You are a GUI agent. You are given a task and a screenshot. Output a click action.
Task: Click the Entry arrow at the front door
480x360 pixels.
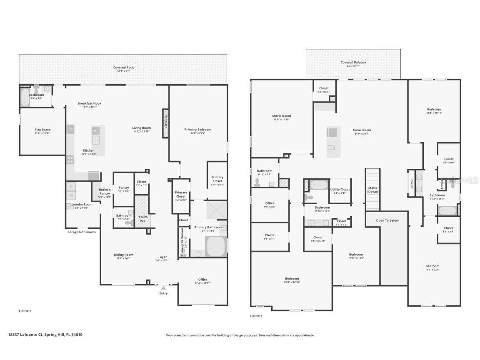coord(163,287)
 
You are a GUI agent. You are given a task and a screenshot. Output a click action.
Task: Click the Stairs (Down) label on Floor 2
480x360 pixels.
coord(372,190)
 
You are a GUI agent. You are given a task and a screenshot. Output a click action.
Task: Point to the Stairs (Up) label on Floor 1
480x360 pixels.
coord(143,218)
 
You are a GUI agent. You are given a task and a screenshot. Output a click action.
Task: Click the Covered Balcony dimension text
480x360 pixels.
coord(353,66)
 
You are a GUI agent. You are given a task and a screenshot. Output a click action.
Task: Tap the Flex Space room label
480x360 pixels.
coord(42,130)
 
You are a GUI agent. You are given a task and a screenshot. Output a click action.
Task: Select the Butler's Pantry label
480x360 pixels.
coord(105,191)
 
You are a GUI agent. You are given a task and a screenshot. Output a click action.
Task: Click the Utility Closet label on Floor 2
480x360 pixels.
coord(340,190)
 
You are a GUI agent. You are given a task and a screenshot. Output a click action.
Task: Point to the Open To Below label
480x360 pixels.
coord(387,220)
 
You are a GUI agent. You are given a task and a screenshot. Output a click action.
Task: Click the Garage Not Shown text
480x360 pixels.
coord(81,232)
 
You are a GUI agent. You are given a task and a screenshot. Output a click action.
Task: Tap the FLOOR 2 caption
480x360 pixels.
coord(256,316)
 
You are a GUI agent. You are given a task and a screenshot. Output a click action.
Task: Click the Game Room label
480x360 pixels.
coord(362,130)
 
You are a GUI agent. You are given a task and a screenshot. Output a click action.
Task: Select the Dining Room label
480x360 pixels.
coord(123,255)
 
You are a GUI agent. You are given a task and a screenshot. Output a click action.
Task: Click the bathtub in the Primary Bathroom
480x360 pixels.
coord(216,246)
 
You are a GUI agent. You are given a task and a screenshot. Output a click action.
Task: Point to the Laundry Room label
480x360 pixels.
coord(82,204)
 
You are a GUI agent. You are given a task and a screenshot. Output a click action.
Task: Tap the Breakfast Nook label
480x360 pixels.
coord(89,103)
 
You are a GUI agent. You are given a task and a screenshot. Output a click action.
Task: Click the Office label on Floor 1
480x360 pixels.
coord(202,280)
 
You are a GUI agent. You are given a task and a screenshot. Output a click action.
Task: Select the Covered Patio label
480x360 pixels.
coord(124,67)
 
